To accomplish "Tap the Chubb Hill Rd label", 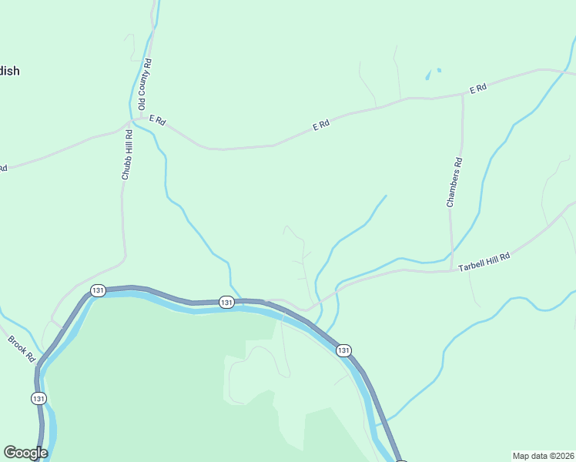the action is [x=127, y=155].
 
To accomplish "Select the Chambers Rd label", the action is [x=457, y=183].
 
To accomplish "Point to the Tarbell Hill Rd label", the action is [x=484, y=262].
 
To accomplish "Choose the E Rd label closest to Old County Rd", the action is [x=158, y=120].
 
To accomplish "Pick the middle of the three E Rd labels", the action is [x=321, y=125].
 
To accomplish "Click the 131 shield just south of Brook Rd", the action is [x=39, y=398].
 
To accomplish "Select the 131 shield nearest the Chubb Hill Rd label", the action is [x=97, y=290].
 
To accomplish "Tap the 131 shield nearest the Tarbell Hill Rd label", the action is [x=343, y=350].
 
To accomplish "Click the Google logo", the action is [x=25, y=453].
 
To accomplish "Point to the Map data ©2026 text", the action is [x=543, y=455].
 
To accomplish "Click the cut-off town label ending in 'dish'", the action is [x=10, y=71].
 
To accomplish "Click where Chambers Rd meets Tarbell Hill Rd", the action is [x=450, y=270].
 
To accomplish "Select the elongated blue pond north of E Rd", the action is [x=427, y=76].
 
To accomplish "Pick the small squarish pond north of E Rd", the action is [x=439, y=71].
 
